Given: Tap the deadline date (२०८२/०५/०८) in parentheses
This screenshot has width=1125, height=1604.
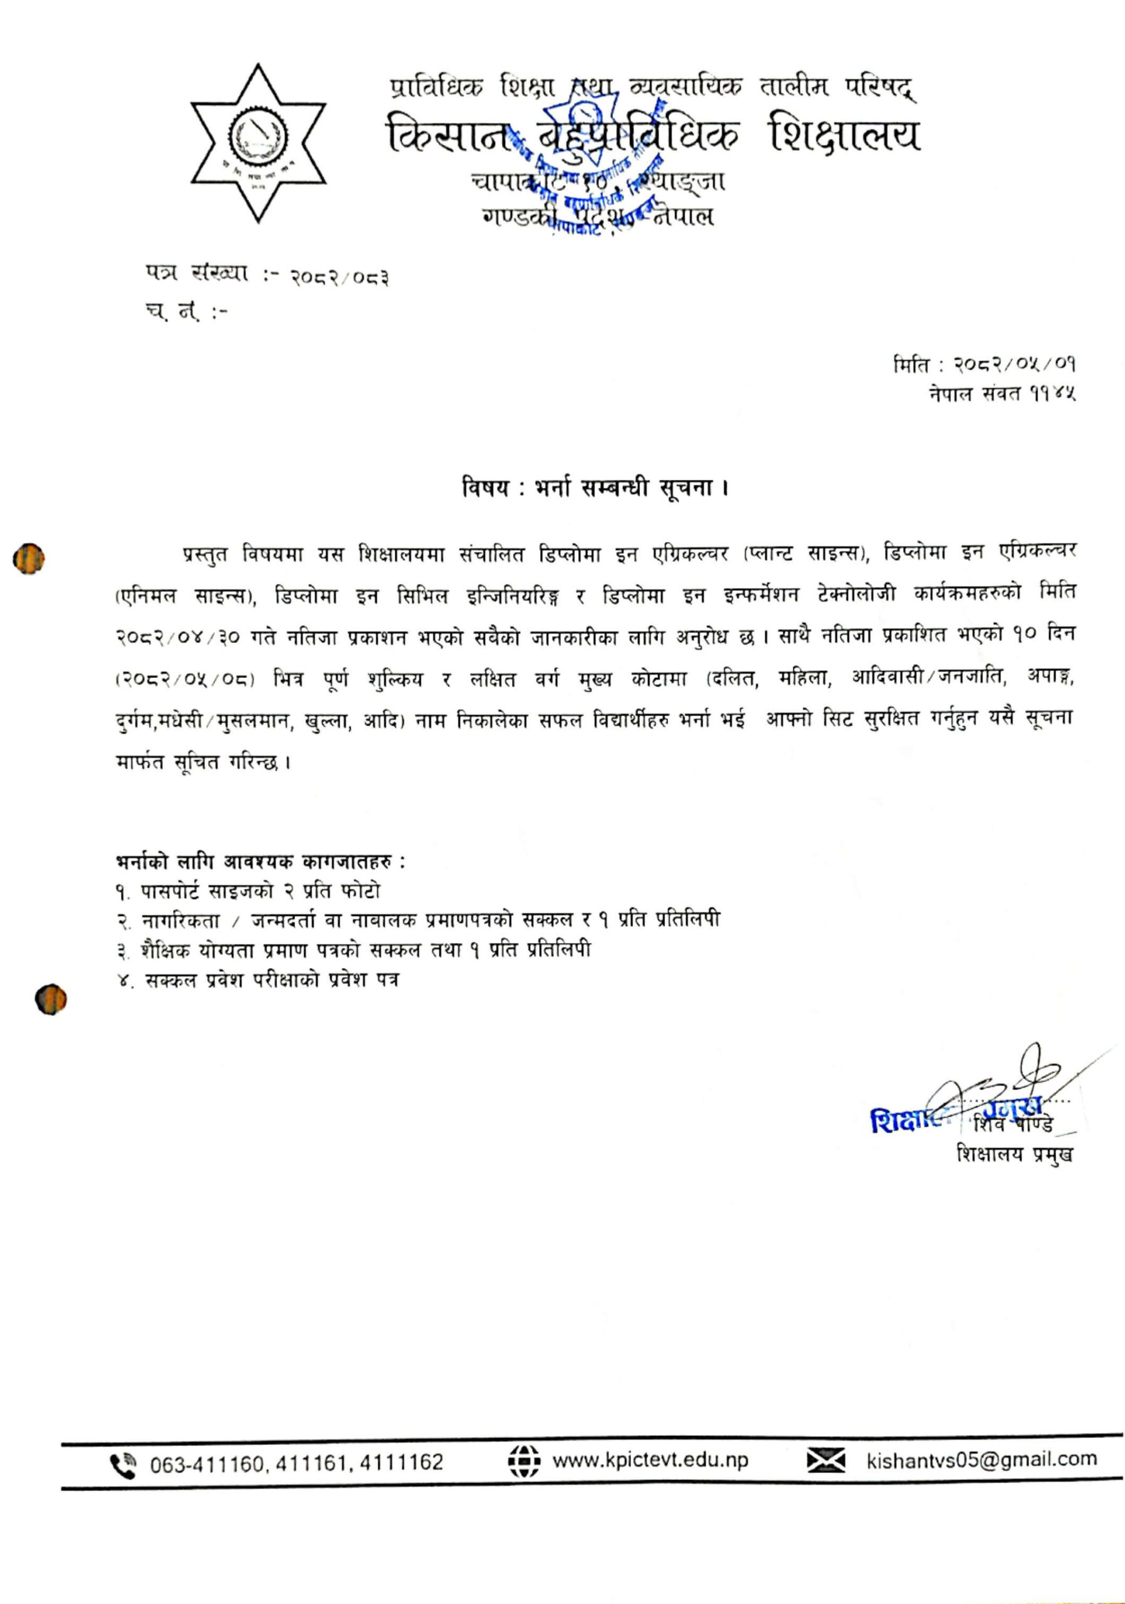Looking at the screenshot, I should [x=184, y=680].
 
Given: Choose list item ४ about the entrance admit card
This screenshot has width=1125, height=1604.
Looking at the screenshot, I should [x=259, y=980].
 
